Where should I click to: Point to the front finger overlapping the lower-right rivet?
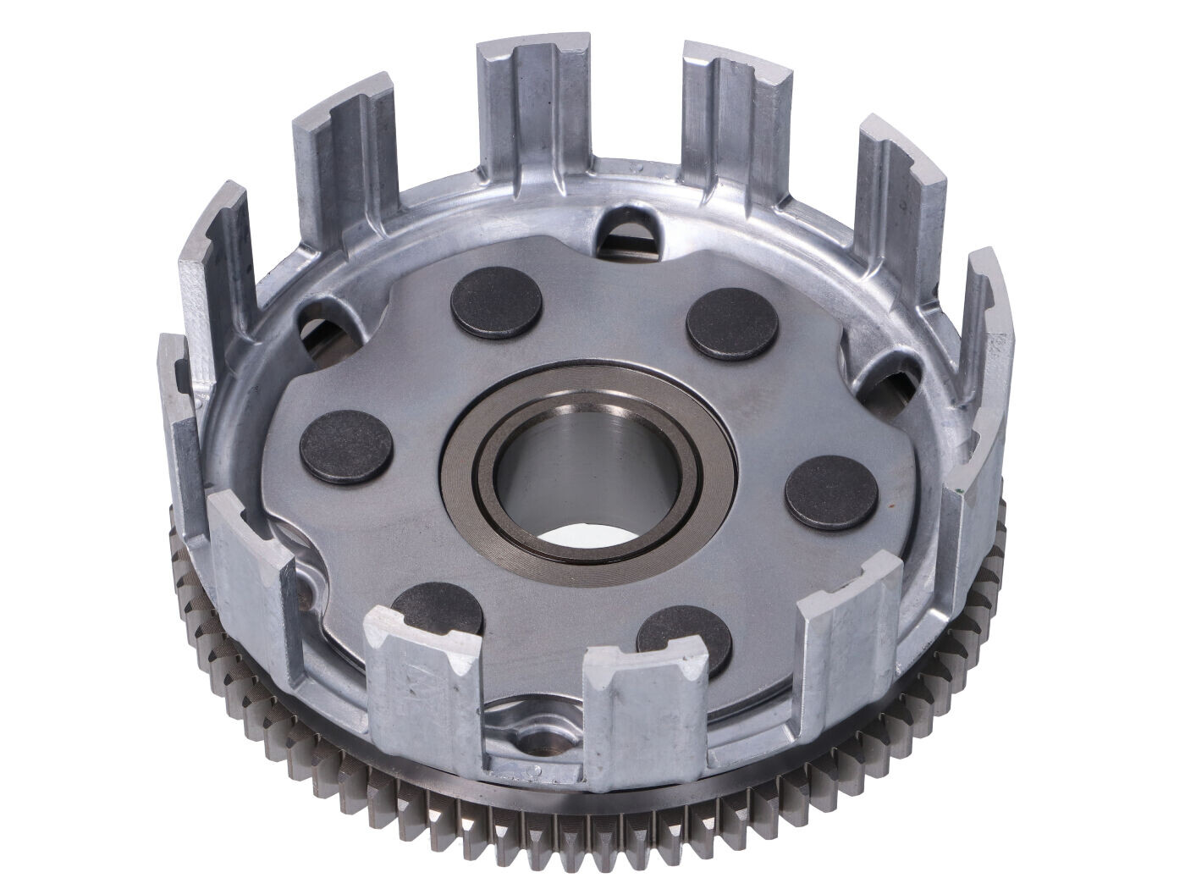[652, 703]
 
